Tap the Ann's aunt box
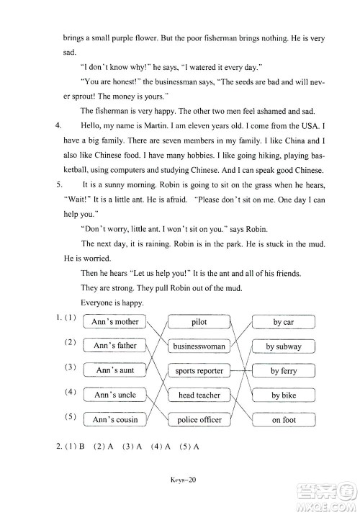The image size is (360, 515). (115, 370)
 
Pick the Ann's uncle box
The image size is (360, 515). (115, 395)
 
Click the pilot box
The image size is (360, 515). (199, 322)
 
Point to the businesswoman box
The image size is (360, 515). (199, 346)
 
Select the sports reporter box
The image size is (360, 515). (199, 371)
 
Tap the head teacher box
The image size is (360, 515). (199, 395)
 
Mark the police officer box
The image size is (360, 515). (199, 419)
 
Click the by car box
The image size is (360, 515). (284, 323)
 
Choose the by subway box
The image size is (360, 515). (284, 347)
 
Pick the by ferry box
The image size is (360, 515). (284, 371)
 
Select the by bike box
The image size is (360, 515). (284, 395)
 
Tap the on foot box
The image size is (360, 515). (284, 420)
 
